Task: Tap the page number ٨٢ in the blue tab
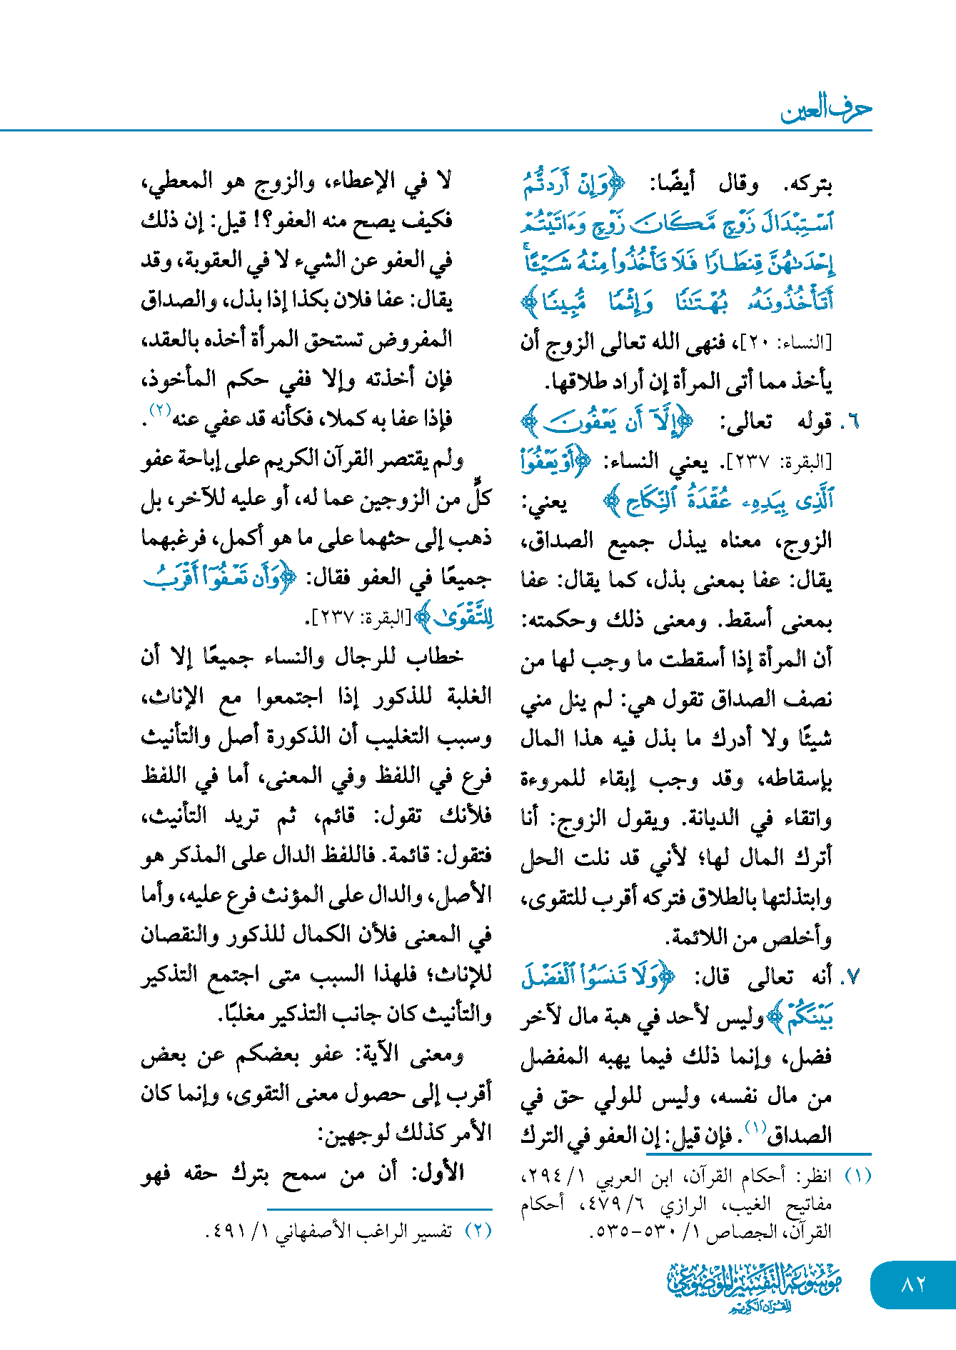click(913, 1284)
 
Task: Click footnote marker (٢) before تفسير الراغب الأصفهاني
click(478, 1231)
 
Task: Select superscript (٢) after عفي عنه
click(158, 411)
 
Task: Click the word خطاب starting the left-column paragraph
click(438, 657)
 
